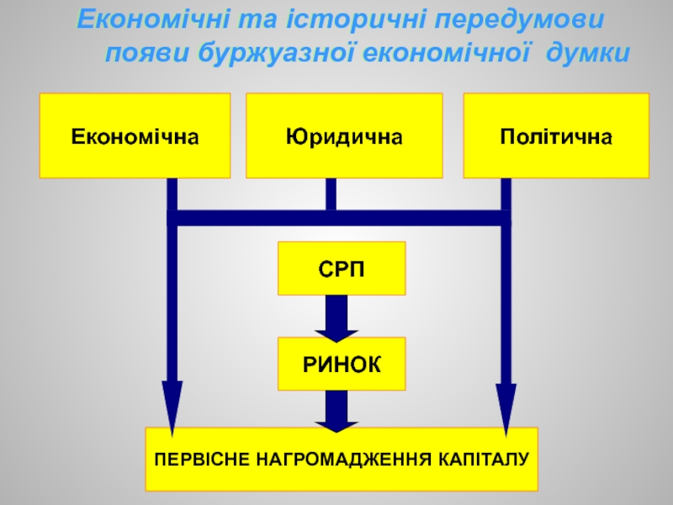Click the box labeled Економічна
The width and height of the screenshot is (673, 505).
(135, 136)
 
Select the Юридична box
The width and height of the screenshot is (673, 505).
(344, 136)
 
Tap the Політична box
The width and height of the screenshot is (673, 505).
(556, 136)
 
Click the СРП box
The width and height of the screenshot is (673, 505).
(342, 268)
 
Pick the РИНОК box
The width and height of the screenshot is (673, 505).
(342, 364)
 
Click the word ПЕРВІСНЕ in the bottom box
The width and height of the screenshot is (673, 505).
(202, 460)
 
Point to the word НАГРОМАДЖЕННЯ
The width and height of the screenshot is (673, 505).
(344, 460)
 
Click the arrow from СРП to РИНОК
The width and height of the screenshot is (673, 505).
(336, 318)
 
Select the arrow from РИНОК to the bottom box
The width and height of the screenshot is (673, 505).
(336, 411)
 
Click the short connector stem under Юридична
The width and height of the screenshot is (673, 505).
(331, 194)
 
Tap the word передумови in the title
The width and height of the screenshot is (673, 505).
(520, 20)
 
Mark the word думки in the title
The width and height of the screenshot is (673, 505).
(588, 54)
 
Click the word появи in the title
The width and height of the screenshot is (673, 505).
(147, 54)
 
